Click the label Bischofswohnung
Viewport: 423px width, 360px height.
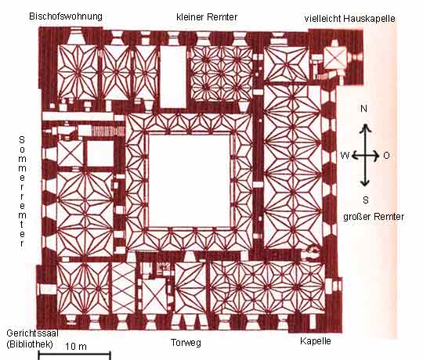[66, 16]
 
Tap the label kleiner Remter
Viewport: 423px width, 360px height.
[207, 17]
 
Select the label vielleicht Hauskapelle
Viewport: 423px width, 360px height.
[349, 19]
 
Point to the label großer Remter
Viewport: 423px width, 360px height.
[374, 217]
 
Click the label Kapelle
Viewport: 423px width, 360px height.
[316, 341]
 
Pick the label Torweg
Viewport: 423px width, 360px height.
[186, 343]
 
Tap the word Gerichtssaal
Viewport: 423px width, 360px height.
[32, 333]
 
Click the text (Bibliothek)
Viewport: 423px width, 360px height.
[30, 344]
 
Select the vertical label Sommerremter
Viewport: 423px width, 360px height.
[22, 191]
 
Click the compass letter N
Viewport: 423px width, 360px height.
[363, 109]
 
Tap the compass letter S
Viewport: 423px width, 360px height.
[366, 200]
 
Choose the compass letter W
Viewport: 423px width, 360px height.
[345, 156]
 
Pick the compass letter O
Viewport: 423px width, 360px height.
[386, 156]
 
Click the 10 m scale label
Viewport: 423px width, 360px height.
[76, 346]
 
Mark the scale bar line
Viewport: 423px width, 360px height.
[74, 352]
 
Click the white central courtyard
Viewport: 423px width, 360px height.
[190, 181]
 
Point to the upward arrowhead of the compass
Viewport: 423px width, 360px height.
[365, 128]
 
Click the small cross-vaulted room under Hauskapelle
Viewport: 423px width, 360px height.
[334, 58]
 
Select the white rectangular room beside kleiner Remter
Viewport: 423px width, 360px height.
[173, 77]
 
